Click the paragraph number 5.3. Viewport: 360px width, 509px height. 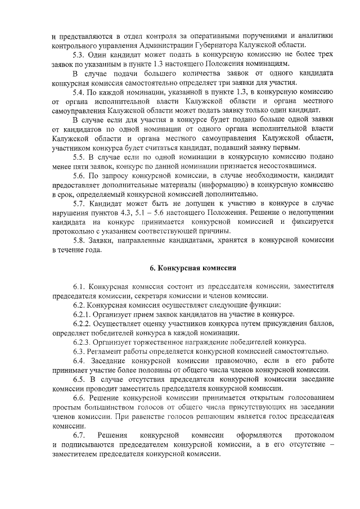click(x=80, y=55)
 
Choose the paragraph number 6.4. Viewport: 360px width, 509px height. click(x=80, y=361)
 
